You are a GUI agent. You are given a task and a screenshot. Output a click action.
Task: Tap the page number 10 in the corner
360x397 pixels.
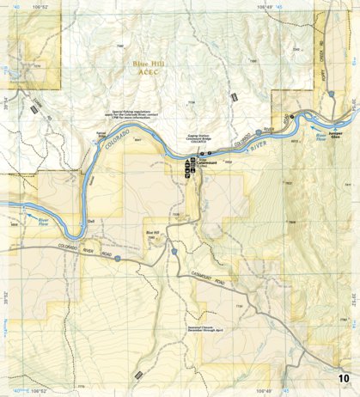pos(344,378)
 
